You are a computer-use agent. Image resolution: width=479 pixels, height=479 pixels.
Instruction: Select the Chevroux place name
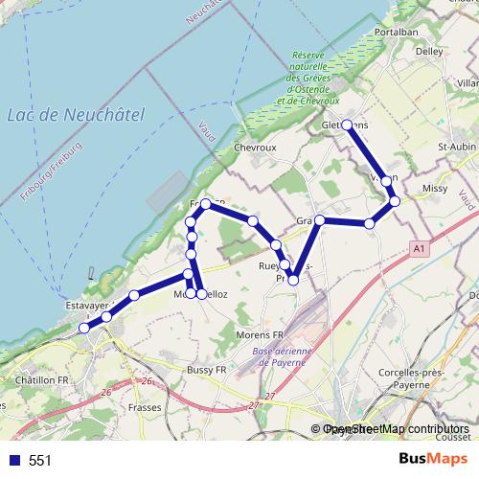click(255, 148)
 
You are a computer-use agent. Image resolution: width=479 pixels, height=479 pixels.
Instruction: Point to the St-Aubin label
click(456, 147)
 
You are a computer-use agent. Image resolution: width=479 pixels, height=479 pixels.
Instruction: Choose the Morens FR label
click(261, 334)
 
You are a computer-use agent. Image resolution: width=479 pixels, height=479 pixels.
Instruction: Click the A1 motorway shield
click(419, 249)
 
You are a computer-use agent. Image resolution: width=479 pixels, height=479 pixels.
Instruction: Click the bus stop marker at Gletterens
click(347, 125)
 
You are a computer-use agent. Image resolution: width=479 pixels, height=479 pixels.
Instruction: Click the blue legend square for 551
click(13, 461)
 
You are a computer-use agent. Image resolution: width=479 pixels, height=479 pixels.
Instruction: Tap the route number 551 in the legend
click(39, 461)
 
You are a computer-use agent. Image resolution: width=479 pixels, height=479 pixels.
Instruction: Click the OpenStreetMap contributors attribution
click(396, 429)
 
